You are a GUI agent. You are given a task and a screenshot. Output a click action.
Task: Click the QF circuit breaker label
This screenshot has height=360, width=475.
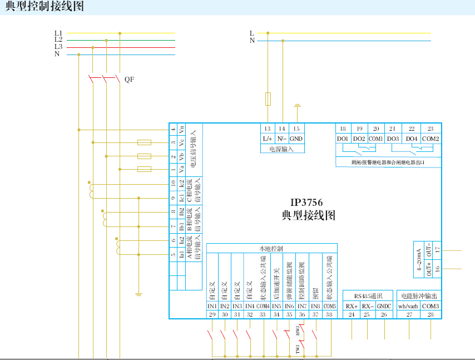[129, 80]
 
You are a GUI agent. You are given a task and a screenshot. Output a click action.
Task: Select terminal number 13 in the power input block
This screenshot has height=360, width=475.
[268, 129]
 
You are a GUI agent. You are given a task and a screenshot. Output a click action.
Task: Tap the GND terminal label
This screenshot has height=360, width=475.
[296, 139]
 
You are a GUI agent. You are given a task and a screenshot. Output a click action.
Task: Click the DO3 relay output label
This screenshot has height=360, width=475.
[393, 139]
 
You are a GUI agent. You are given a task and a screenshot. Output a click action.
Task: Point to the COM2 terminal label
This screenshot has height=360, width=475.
[431, 139]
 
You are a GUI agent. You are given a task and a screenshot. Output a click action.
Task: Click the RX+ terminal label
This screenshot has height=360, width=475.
[352, 306]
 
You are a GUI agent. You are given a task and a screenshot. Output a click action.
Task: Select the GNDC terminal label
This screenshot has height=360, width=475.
[384, 306]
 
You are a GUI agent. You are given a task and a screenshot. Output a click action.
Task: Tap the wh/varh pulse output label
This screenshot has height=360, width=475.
[409, 306]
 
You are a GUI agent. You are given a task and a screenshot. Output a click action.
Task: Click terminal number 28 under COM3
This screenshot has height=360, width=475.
[431, 314]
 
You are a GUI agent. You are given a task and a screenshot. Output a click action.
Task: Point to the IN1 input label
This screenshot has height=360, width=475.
[212, 307]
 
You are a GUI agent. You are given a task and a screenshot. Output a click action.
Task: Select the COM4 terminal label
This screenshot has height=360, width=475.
[263, 307]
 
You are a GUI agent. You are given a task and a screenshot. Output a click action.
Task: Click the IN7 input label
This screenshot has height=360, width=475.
[302, 307]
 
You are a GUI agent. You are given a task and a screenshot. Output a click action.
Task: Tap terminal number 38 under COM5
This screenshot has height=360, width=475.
[330, 315]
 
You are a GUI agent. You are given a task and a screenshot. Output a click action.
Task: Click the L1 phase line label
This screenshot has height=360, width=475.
[58, 33]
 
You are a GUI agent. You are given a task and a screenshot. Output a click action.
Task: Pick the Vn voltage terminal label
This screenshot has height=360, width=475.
[181, 130]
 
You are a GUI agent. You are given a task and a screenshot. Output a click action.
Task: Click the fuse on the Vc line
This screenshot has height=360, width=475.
[144, 143]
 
